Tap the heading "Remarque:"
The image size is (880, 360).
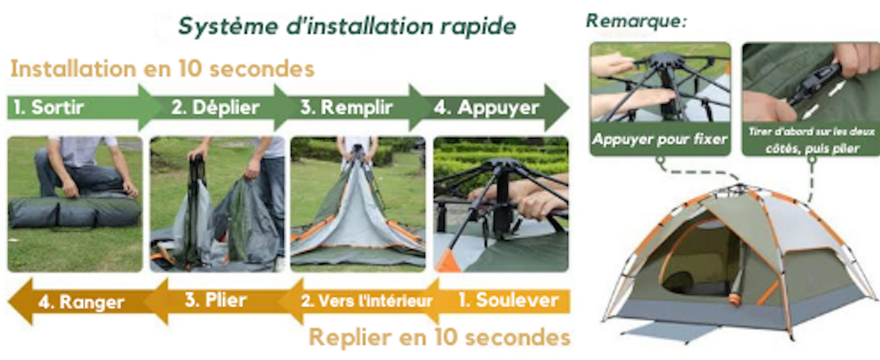tap(636, 21)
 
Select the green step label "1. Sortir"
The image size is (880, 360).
tap(48, 107)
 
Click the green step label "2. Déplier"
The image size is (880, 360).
tap(215, 107)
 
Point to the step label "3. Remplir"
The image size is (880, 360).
tap(346, 107)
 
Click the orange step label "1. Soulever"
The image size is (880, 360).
tap(508, 300)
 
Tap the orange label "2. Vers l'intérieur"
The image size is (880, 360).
tap(367, 300)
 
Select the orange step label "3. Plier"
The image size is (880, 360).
tap(216, 300)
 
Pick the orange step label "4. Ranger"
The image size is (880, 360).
tap(81, 302)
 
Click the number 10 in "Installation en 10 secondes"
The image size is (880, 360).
tap(190, 68)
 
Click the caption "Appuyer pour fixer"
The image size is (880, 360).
tap(660, 139)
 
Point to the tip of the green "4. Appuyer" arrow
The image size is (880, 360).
tap(569, 107)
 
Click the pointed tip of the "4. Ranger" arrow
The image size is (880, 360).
tap(9, 301)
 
